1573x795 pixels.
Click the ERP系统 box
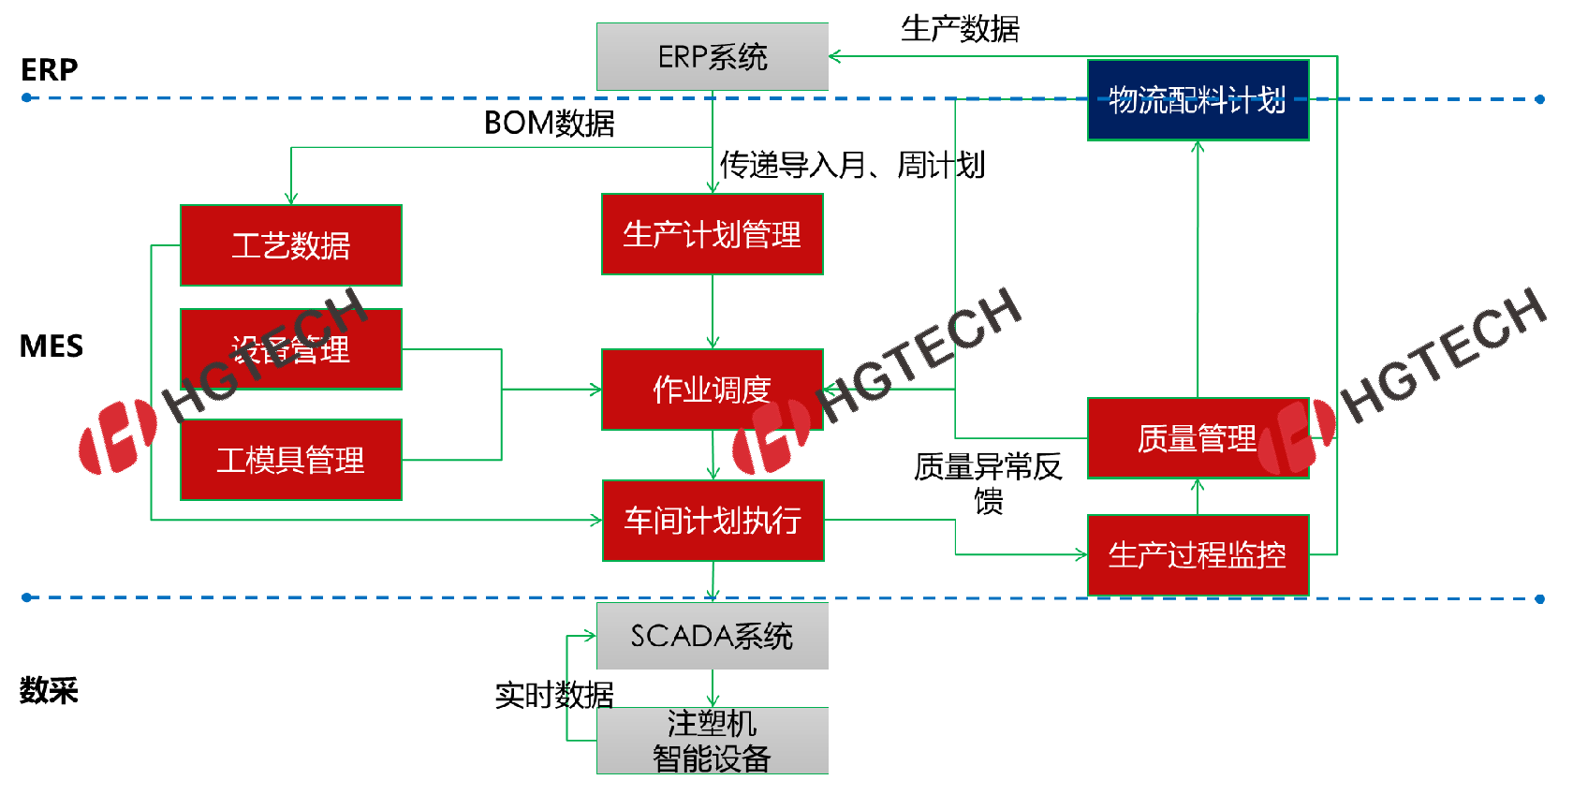(712, 57)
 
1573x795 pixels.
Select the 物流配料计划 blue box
(1198, 100)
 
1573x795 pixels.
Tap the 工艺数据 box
(290, 245)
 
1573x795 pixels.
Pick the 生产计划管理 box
(712, 234)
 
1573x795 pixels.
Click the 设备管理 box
(290, 349)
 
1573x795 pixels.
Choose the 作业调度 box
(712, 390)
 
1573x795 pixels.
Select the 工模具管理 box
(290, 460)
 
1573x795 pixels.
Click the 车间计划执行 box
(713, 521)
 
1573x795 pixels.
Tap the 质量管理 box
(1198, 438)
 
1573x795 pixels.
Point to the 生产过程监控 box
(1198, 555)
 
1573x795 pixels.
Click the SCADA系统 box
(712, 636)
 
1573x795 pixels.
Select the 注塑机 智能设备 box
(712, 741)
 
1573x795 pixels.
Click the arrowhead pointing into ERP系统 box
(834, 57)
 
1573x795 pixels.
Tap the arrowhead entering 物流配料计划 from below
(1198, 147)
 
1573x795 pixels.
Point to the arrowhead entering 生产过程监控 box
(1081, 555)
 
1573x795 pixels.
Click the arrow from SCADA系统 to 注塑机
(713, 689)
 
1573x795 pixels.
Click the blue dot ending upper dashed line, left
(26, 97)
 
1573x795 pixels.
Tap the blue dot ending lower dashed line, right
(1540, 599)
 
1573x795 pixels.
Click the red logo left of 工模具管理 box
(117, 437)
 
